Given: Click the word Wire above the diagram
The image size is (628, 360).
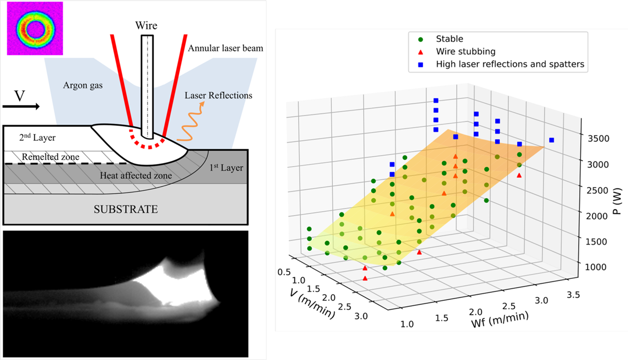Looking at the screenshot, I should tap(146, 25).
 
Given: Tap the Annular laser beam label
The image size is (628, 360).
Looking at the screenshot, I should tap(225, 48).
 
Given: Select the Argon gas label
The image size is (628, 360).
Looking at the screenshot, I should tap(83, 85).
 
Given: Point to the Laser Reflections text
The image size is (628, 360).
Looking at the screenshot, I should tap(218, 96).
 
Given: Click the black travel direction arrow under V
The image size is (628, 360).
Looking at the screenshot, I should tap(21, 106).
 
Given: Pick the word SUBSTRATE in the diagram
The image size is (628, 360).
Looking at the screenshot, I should tap(126, 209).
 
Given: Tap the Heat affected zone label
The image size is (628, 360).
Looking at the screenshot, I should tap(136, 175).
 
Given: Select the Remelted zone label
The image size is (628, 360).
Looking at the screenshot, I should tap(50, 157).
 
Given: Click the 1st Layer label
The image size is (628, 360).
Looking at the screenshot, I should tap(227, 168).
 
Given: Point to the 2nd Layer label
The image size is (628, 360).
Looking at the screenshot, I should tap(37, 138).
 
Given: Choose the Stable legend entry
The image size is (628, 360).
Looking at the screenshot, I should tap(449, 39).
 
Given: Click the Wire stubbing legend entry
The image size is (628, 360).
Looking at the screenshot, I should tap(465, 52).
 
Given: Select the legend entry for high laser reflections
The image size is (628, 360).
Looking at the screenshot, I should tap(510, 64).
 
